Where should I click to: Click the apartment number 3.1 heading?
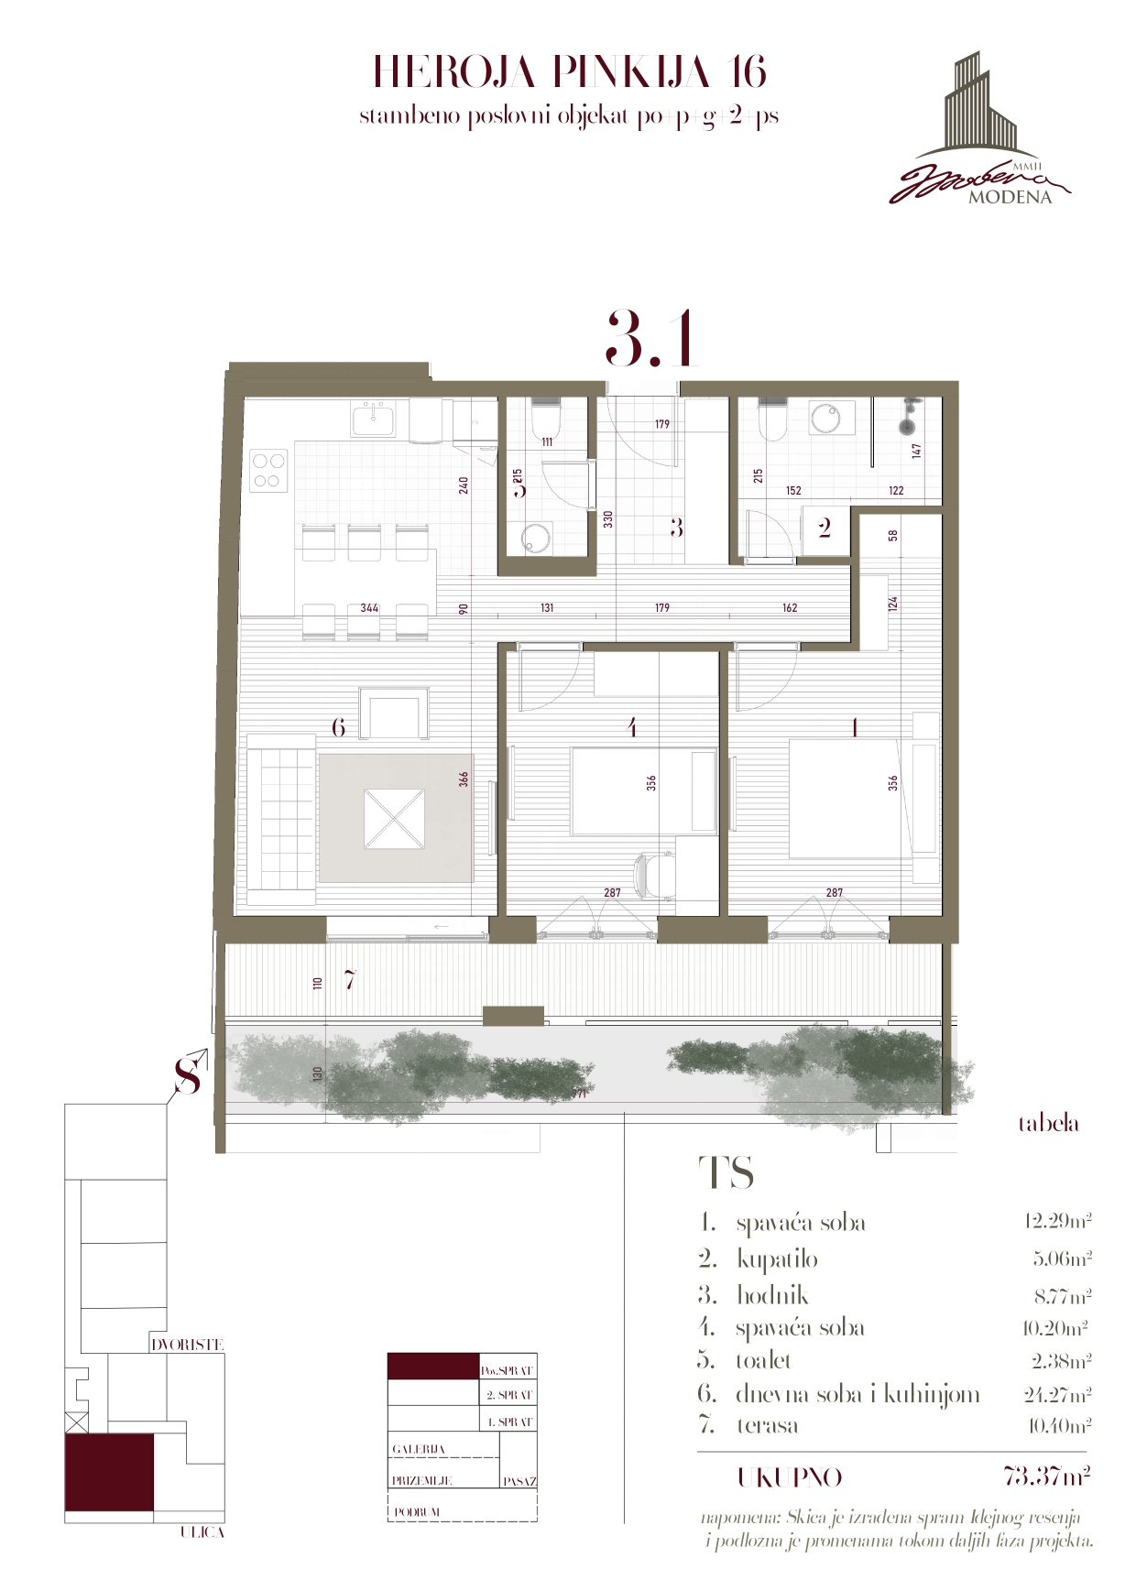[x=651, y=340]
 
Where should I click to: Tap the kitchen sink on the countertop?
[x=374, y=419]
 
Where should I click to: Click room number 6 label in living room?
[x=338, y=727]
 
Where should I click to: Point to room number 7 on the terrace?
[x=349, y=980]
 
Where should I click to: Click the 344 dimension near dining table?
[x=369, y=607]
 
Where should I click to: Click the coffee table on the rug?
[x=394, y=818]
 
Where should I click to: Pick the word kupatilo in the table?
[x=777, y=1259]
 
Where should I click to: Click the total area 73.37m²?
[x=1046, y=1476]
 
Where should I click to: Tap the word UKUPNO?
[x=789, y=1476]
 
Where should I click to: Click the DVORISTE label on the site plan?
[x=187, y=1345]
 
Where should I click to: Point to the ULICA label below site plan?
[x=202, y=1531]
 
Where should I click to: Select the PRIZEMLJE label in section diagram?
[x=421, y=1480]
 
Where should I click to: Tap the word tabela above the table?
[x=1048, y=1124]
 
